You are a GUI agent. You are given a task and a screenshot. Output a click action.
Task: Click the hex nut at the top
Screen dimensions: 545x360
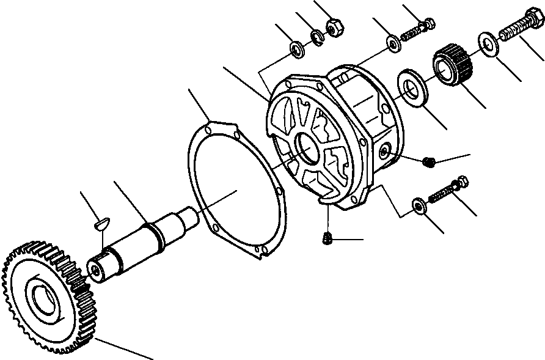pyautogui.click(x=334, y=28)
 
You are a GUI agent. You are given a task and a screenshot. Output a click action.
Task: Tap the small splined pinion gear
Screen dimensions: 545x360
pyautogui.click(x=450, y=68)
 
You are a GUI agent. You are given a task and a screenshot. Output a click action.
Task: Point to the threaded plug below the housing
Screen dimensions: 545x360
pyautogui.click(x=327, y=237)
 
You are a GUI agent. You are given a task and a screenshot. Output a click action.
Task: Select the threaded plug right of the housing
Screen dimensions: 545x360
pyautogui.click(x=430, y=161)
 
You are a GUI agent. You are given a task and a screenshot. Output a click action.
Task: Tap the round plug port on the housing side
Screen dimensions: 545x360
pyautogui.click(x=384, y=152)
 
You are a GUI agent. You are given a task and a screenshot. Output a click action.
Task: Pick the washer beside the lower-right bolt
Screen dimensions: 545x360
pyautogui.click(x=419, y=206)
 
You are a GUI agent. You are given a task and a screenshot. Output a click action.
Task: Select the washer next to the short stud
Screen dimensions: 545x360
pyautogui.click(x=392, y=43)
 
